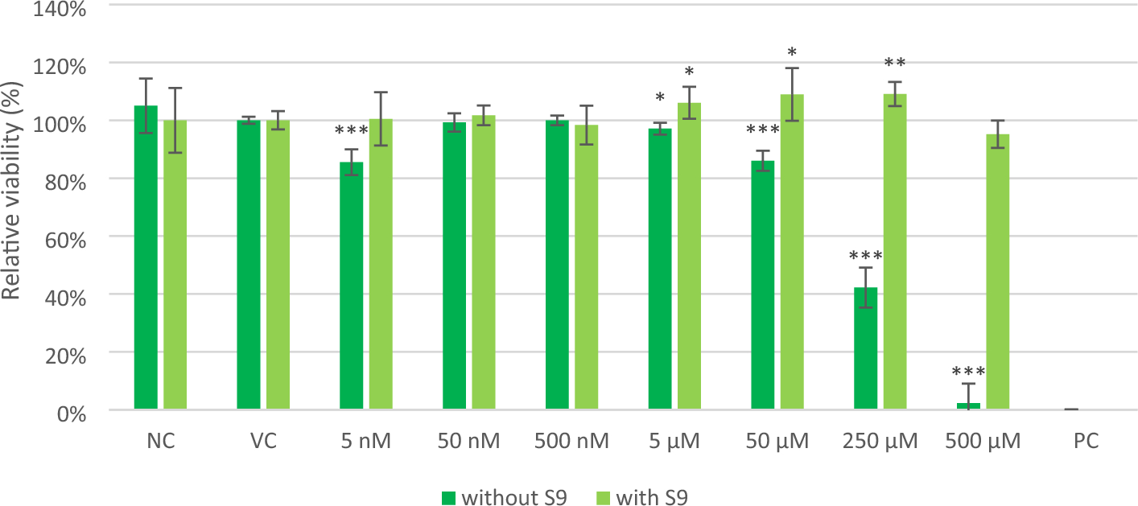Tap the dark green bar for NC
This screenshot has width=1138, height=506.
(x=146, y=257)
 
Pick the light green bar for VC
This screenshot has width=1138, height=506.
(x=278, y=265)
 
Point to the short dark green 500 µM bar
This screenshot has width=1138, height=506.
(x=968, y=406)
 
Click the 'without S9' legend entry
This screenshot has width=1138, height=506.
(x=504, y=497)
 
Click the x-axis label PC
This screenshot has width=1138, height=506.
(x=1086, y=441)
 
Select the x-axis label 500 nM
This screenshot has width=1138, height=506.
(x=571, y=441)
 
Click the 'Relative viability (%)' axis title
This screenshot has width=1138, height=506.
(x=13, y=207)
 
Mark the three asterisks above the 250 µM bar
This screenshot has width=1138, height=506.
(x=865, y=257)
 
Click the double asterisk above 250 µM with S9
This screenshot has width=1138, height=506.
(x=895, y=63)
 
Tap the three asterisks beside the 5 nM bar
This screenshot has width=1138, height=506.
(x=351, y=131)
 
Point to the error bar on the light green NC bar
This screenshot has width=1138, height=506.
(x=175, y=120)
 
